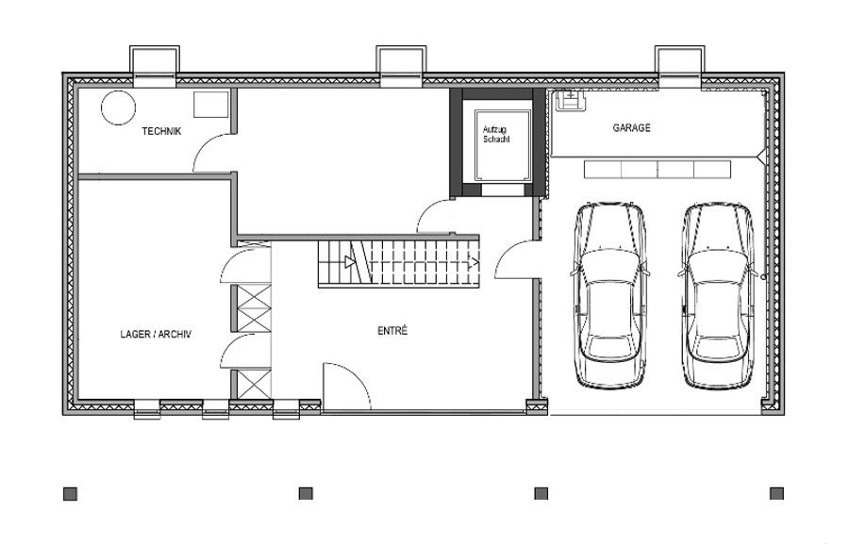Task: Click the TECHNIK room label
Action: pyautogui.click(x=160, y=131)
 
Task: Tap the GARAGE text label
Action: pyautogui.click(x=631, y=127)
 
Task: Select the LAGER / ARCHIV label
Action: pyautogui.click(x=156, y=333)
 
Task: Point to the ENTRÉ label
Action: pyautogui.click(x=392, y=331)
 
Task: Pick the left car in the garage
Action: pyautogui.click(x=610, y=295)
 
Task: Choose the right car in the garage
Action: pyautogui.click(x=719, y=295)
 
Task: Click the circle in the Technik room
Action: pyautogui.click(x=118, y=108)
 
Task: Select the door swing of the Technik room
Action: pyautogui.click(x=209, y=154)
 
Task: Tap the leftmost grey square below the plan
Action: pyautogui.click(x=71, y=493)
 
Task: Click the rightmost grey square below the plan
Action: pyautogui.click(x=777, y=493)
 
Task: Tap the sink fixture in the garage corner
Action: pyautogui.click(x=569, y=98)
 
